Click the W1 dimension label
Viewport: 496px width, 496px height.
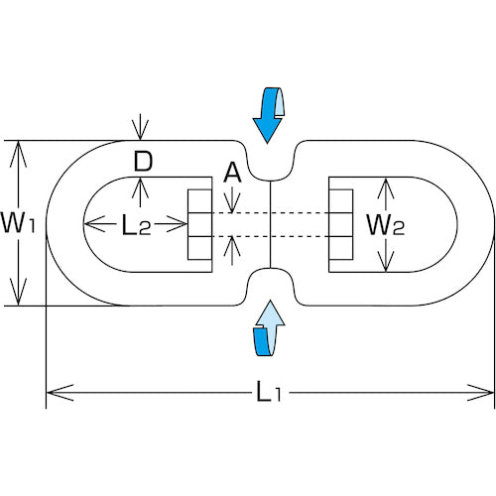(18, 223)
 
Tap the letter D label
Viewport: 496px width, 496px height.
(143, 161)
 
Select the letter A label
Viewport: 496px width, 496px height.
(232, 173)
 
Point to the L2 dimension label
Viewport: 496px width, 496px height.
(136, 225)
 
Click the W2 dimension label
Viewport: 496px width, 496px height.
(386, 225)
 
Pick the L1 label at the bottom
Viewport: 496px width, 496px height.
(269, 392)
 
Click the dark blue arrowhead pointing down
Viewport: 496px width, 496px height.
(267, 130)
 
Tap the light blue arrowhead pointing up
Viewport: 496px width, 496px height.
(271, 312)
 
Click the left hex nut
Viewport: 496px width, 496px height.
(199, 224)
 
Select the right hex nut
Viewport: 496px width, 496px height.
(341, 224)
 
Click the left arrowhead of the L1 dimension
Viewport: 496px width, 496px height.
(60, 393)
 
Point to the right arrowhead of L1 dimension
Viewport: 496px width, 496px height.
(480, 393)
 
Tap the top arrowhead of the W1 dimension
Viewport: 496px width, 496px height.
(19, 154)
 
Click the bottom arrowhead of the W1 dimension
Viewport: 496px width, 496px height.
(19, 292)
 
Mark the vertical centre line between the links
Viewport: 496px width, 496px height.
(271, 224)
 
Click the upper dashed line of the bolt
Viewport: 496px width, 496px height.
(270, 212)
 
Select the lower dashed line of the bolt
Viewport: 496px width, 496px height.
(270, 237)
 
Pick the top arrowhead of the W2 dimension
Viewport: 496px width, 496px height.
(386, 188)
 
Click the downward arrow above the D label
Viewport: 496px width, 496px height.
(141, 127)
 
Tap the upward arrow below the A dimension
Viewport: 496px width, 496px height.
(232, 250)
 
